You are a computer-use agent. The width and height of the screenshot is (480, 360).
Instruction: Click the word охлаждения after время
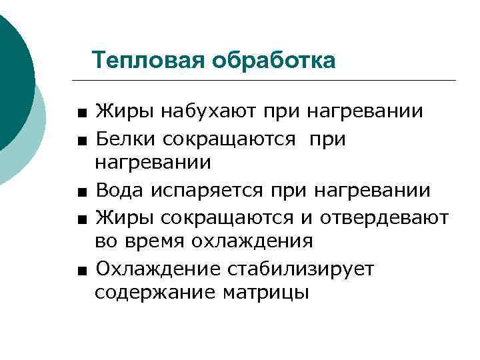(x=256, y=241)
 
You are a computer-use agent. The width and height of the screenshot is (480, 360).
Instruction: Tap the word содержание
(x=153, y=292)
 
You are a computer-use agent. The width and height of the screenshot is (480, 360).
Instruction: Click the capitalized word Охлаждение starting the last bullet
(x=159, y=269)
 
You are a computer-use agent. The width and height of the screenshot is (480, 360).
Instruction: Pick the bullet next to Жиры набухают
(x=80, y=112)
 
